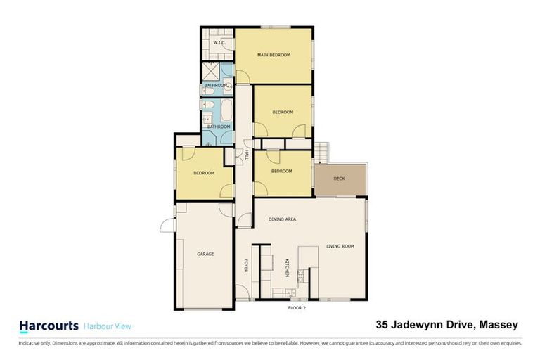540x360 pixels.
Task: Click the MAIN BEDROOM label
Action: click(x=274, y=55)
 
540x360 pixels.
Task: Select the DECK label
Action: click(x=339, y=179)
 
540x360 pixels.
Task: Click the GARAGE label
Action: click(x=205, y=254)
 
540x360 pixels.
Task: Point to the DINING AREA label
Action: click(x=282, y=219)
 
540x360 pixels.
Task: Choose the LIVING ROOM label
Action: click(x=340, y=246)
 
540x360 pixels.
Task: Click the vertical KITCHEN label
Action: click(x=287, y=269)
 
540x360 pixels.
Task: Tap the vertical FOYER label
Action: click(x=246, y=266)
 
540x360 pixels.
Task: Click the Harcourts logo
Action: click(x=49, y=326)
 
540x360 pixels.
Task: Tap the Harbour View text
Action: click(x=108, y=326)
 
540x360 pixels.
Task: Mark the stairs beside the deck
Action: click(x=322, y=150)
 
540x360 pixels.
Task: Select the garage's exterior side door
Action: click(x=167, y=224)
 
